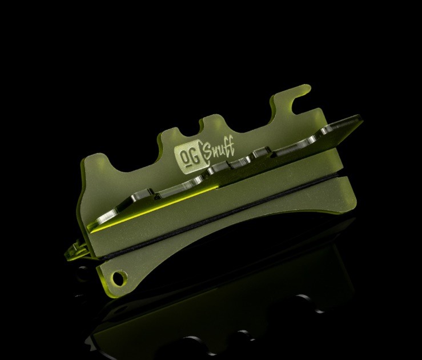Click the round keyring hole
click(119, 278)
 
